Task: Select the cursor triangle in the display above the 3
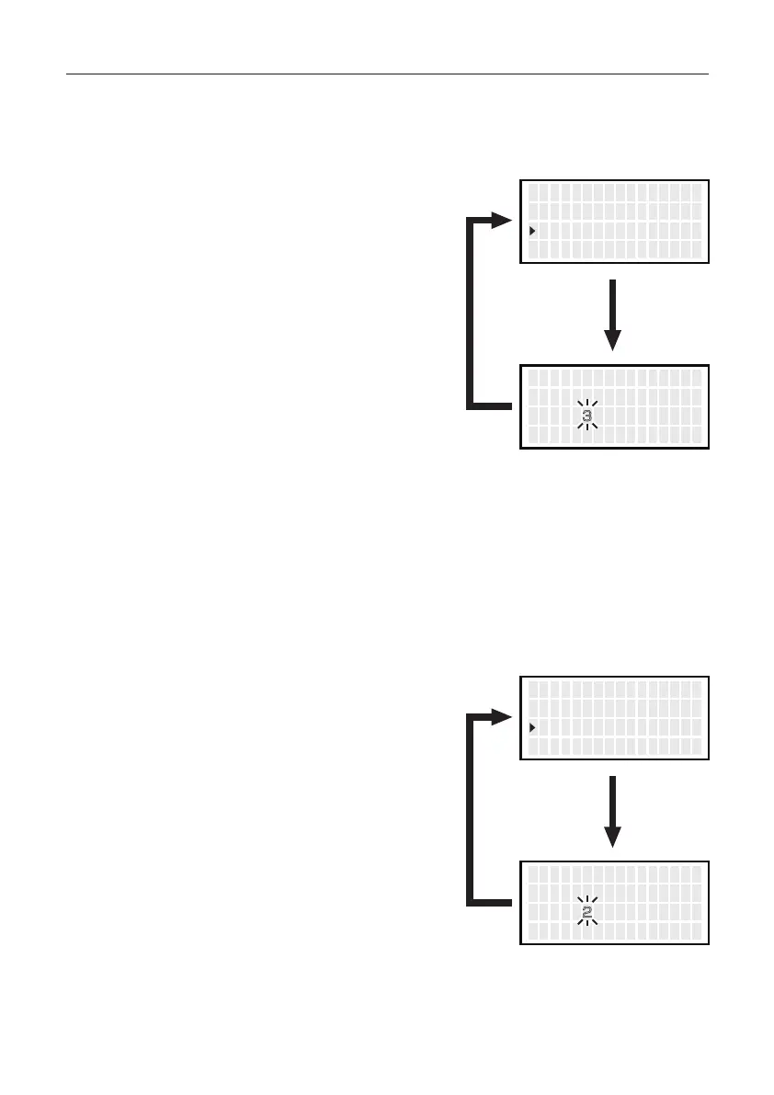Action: point(532,231)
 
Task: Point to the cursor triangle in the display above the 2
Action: point(532,727)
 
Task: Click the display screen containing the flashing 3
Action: point(615,406)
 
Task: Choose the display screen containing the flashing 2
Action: point(615,903)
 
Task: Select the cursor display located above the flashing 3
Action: point(615,222)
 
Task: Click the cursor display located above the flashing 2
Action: point(615,718)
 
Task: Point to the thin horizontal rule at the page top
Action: point(387,74)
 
